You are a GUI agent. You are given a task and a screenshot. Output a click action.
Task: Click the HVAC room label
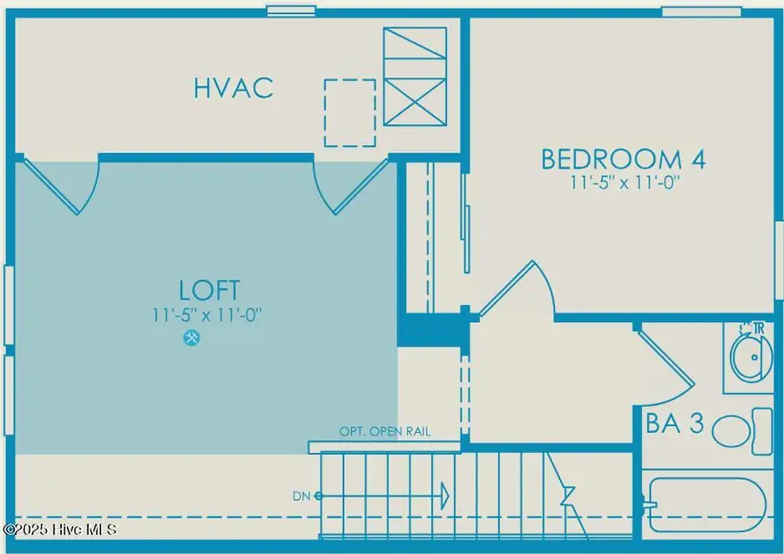pyautogui.click(x=233, y=88)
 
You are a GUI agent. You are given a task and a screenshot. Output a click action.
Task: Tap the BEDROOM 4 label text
pyautogui.click(x=623, y=159)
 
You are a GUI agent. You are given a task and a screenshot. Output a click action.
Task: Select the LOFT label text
pyautogui.click(x=209, y=290)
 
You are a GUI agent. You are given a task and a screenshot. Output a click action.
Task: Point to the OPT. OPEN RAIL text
pyautogui.click(x=384, y=432)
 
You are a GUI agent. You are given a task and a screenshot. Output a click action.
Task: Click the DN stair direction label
pyautogui.click(x=302, y=496)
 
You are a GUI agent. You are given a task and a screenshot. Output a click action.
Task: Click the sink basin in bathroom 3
pyautogui.click(x=750, y=357)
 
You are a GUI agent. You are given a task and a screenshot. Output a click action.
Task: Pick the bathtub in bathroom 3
pyautogui.click(x=706, y=503)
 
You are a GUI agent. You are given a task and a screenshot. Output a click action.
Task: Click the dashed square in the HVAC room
pyautogui.click(x=350, y=112)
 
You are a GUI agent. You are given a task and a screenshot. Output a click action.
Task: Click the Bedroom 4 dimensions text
pyautogui.click(x=623, y=184)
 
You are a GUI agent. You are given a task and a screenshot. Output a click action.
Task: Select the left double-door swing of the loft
pyautogui.click(x=65, y=184)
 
